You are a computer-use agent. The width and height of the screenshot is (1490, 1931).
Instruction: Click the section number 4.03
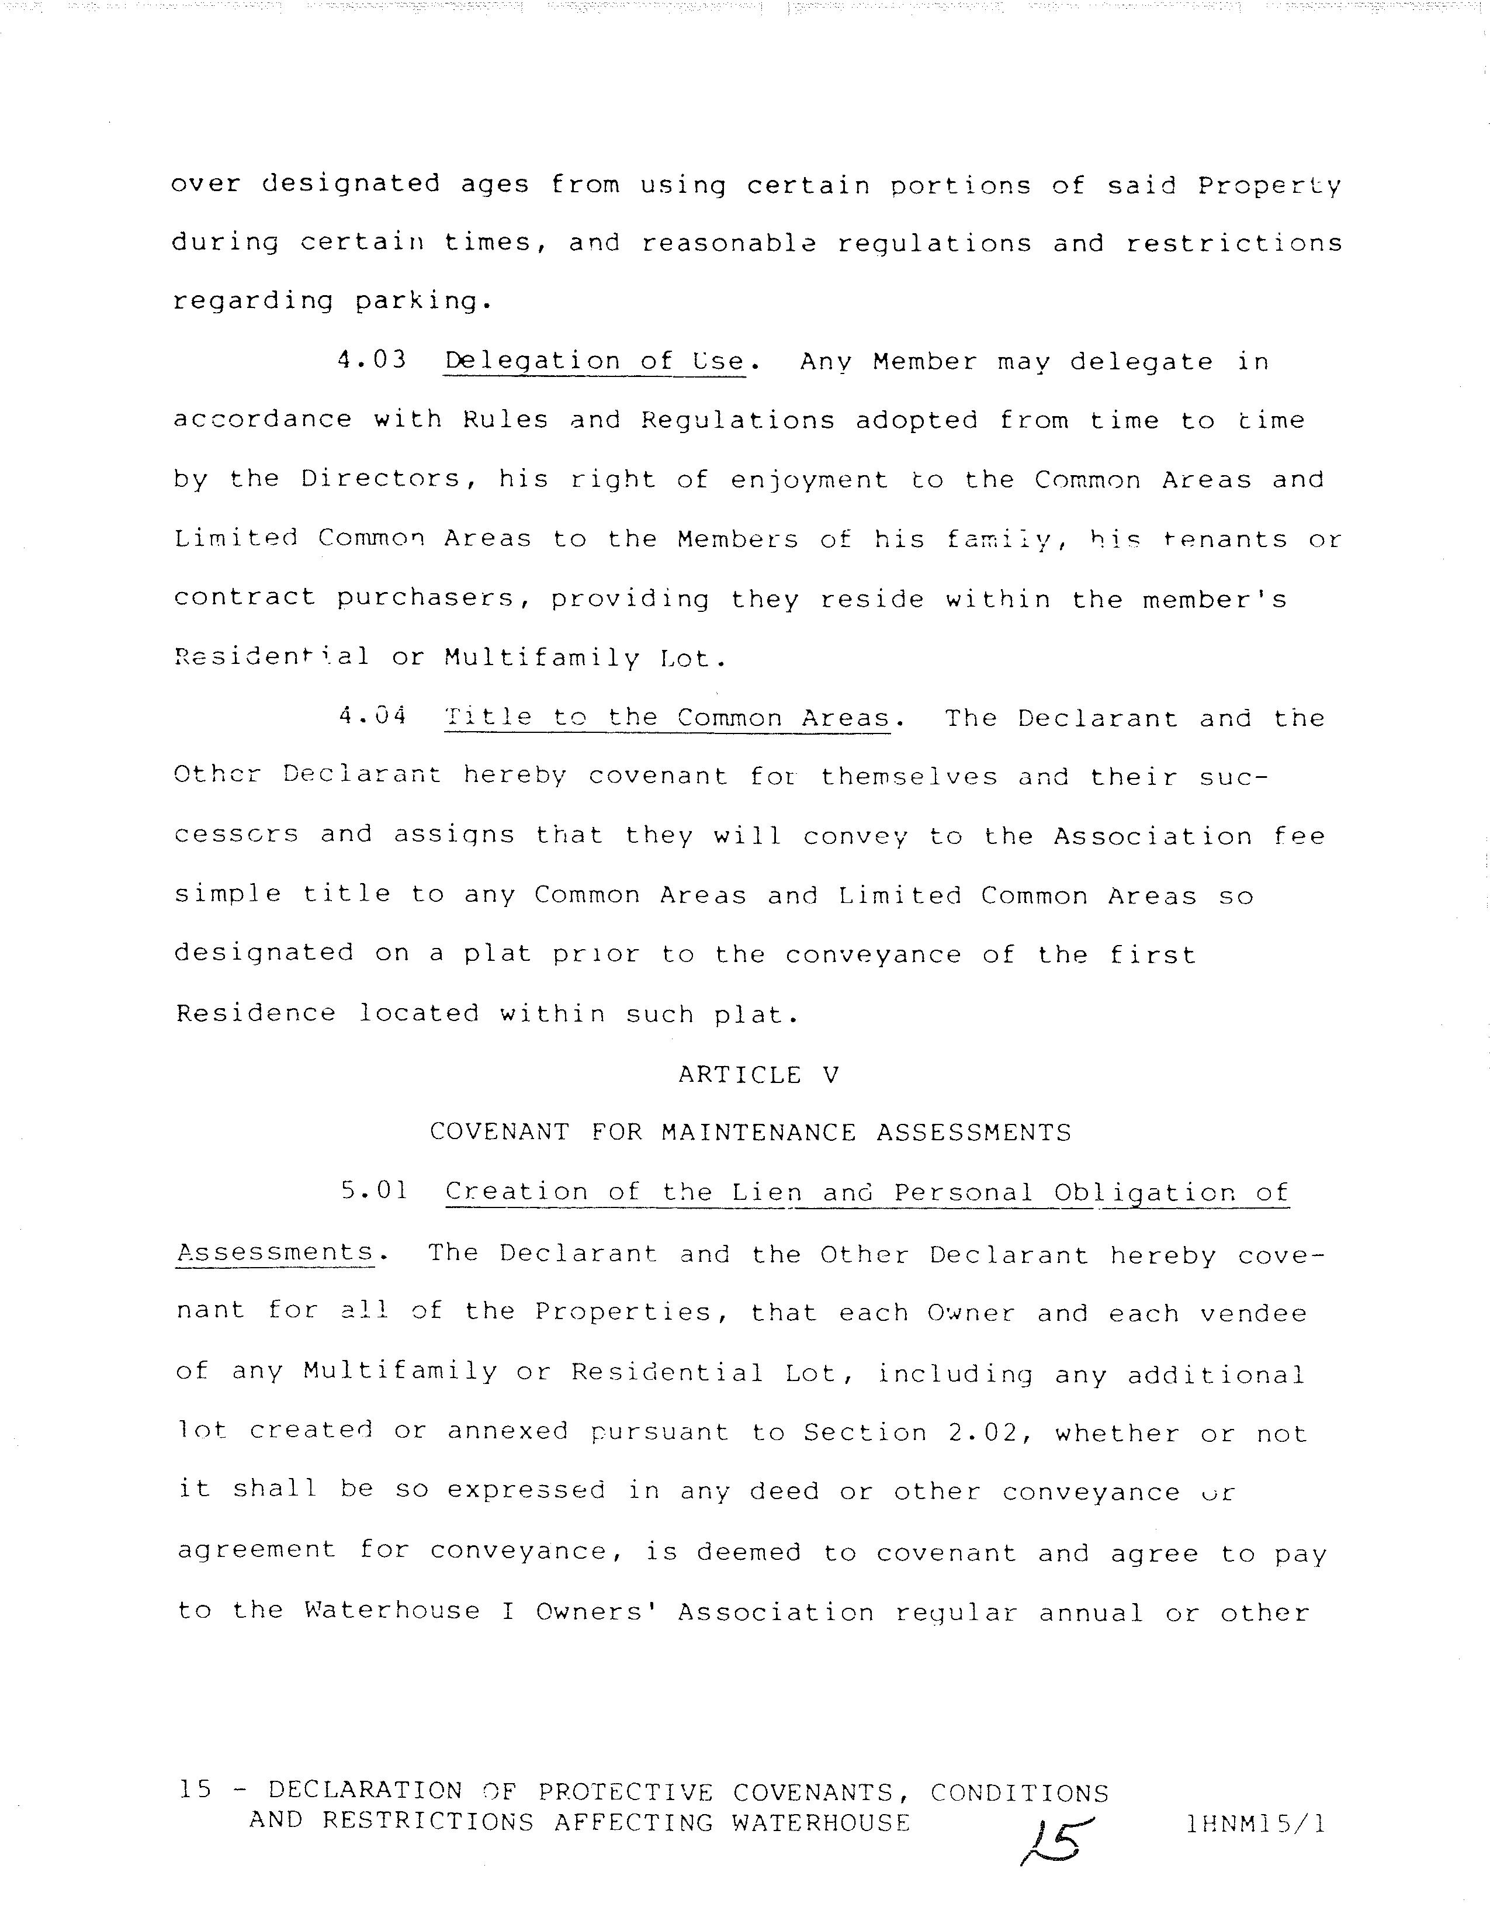[x=372, y=360]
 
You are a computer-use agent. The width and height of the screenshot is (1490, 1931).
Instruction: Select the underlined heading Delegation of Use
[x=595, y=362]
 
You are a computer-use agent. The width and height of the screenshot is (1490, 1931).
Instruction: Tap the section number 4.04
[x=372, y=716]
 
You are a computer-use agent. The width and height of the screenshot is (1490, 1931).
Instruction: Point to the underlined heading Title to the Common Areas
[x=667, y=718]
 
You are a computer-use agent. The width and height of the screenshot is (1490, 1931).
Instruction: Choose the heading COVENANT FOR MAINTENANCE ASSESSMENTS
[x=750, y=1133]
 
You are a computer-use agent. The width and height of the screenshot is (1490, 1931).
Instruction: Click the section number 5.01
[x=375, y=1191]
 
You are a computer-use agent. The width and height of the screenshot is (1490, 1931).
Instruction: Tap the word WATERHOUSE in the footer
[x=820, y=1822]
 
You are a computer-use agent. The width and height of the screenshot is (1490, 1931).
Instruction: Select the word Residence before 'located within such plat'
[x=255, y=1013]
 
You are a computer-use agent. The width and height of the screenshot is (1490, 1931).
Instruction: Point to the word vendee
[x=1252, y=1313]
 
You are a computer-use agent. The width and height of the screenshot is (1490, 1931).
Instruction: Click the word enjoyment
[x=809, y=480]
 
